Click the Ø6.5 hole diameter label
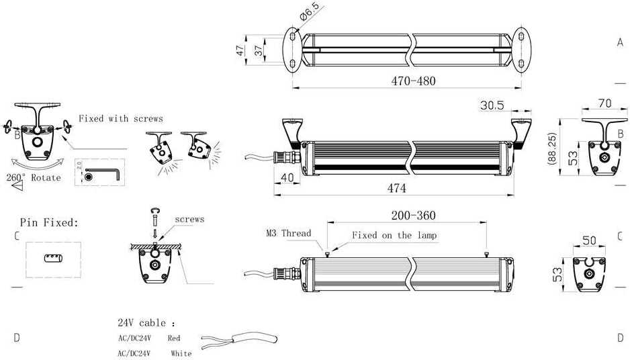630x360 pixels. (310, 13)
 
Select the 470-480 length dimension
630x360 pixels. (413, 81)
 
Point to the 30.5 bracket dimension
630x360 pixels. (492, 105)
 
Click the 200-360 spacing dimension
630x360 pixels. (412, 216)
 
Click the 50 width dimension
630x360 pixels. (589, 240)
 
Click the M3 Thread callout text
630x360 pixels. (287, 233)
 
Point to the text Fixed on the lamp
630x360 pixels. (395, 235)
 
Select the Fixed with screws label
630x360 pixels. (120, 119)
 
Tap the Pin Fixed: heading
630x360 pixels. (48, 222)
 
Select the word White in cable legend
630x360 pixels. (181, 353)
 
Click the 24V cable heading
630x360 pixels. (146, 322)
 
